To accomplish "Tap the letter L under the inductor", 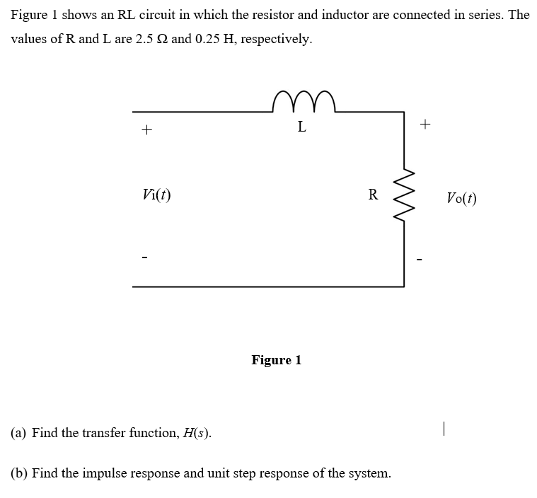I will [x=302, y=128].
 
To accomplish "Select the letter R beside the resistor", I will [x=373, y=195].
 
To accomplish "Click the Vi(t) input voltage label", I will [x=156, y=195].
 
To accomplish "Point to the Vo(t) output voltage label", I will [x=461, y=198].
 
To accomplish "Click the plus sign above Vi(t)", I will [x=146, y=130].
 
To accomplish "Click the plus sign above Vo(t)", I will [x=425, y=124].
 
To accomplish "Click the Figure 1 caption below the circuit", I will [x=276, y=360].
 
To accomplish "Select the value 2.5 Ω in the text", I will [x=151, y=39].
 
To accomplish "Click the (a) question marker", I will [x=19, y=433].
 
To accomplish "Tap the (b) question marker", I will [x=19, y=473].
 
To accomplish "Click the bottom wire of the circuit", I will [x=269, y=286].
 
